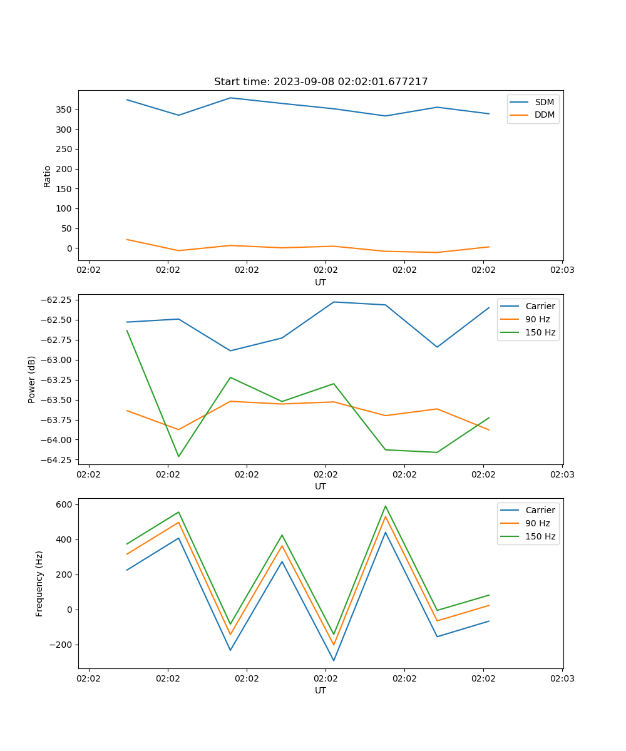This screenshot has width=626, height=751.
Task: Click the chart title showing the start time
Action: click(x=321, y=82)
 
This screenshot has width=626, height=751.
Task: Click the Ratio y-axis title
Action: click(x=47, y=176)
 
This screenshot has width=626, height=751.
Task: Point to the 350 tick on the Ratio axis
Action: click(x=64, y=110)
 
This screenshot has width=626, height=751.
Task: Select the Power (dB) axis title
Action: click(x=31, y=379)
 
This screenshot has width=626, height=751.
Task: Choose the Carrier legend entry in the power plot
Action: click(x=540, y=306)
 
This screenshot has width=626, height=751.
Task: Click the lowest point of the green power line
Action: click(x=178, y=456)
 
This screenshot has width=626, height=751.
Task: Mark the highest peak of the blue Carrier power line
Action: click(x=334, y=302)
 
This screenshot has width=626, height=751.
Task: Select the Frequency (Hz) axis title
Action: click(x=39, y=583)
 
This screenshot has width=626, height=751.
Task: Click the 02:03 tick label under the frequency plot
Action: click(x=562, y=678)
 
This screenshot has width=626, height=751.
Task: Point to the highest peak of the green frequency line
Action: click(x=386, y=506)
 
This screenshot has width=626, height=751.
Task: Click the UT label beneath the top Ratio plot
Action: click(x=321, y=282)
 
